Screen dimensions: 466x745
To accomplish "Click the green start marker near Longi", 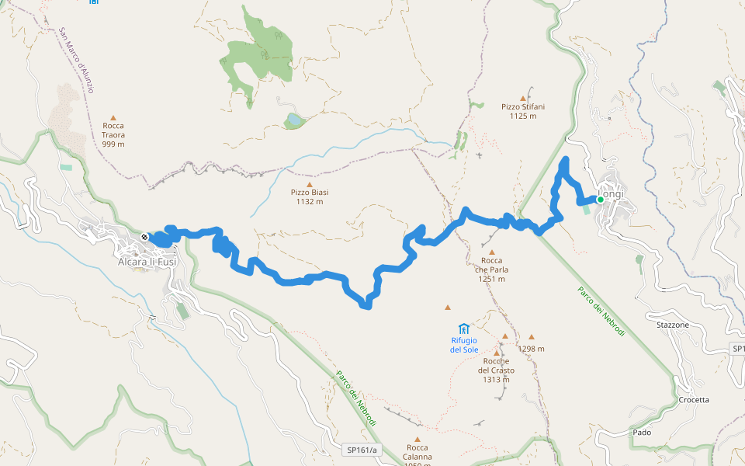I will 600,200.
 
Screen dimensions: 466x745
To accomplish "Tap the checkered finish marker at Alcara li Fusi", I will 144,237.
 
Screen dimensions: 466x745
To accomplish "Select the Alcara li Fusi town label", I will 147,262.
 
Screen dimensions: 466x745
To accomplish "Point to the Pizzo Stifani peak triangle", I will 523,99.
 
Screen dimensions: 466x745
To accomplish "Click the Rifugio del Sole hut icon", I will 463,329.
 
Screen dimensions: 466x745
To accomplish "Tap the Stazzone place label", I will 672,325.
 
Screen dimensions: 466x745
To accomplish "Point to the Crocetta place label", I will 693,400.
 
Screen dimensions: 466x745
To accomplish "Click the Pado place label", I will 642,432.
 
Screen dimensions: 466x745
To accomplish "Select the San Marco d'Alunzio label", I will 77,61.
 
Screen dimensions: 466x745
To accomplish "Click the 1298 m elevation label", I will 532,349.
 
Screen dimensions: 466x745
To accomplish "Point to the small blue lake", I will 294,120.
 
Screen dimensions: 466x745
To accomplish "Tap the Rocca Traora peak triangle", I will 113,115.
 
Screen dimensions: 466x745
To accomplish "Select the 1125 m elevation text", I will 523,116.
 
